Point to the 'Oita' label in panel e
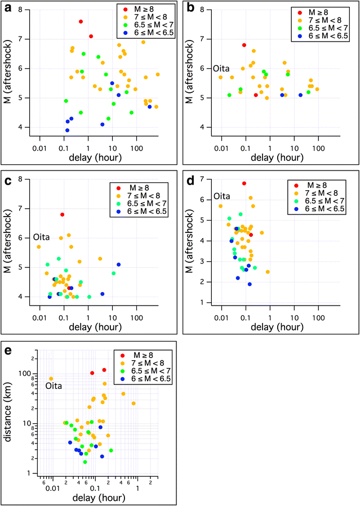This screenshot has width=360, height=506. tap(55, 386)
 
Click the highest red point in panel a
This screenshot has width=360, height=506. tap(81, 21)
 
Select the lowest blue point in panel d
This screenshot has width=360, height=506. tap(250, 284)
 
